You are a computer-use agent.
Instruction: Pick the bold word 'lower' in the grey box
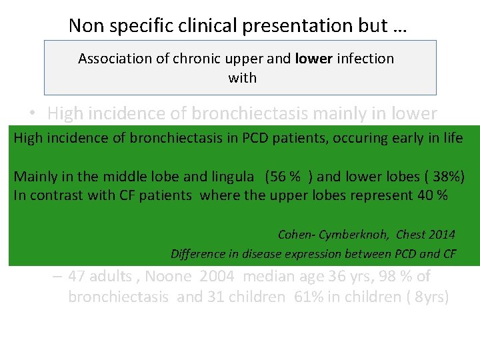coord(313,59)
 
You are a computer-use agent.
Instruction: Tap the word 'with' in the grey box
coord(242,78)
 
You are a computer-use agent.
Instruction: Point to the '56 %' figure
coord(285,177)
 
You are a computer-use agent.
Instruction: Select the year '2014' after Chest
coord(443,234)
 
